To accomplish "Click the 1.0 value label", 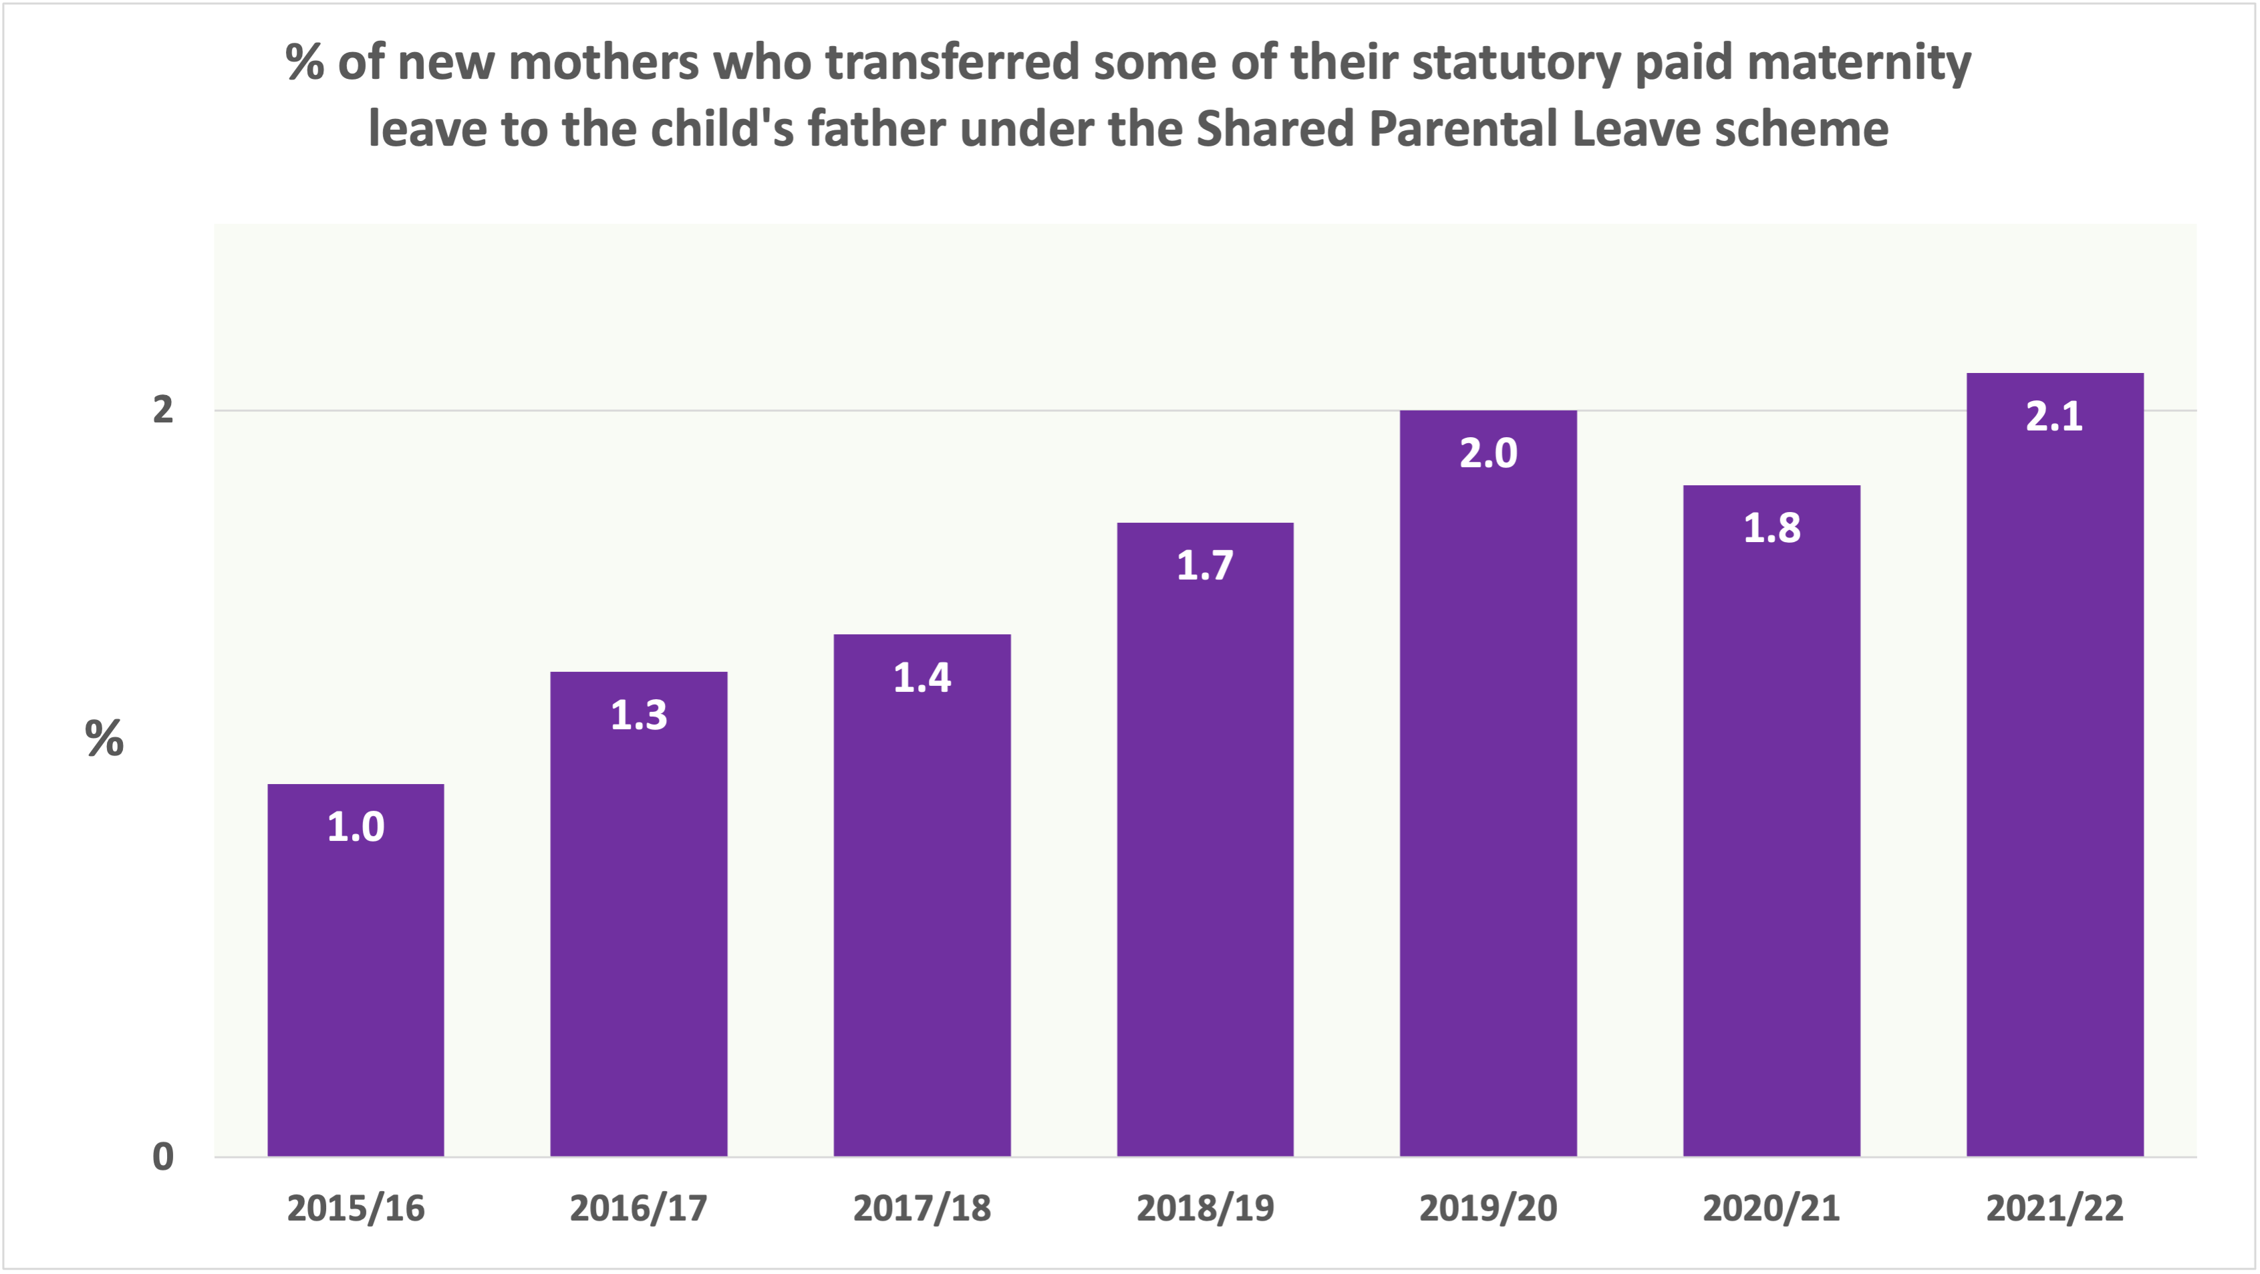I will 356,827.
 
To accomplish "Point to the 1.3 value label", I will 639,715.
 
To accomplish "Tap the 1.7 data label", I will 1205,565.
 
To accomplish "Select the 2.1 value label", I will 2054,416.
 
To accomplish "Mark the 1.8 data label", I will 1772,528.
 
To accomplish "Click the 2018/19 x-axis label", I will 1205,1208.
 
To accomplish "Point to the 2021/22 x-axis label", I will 2054,1208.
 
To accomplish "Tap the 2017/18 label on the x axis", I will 922,1208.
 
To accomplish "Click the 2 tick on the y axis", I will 163,410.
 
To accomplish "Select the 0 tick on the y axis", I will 163,1156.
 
